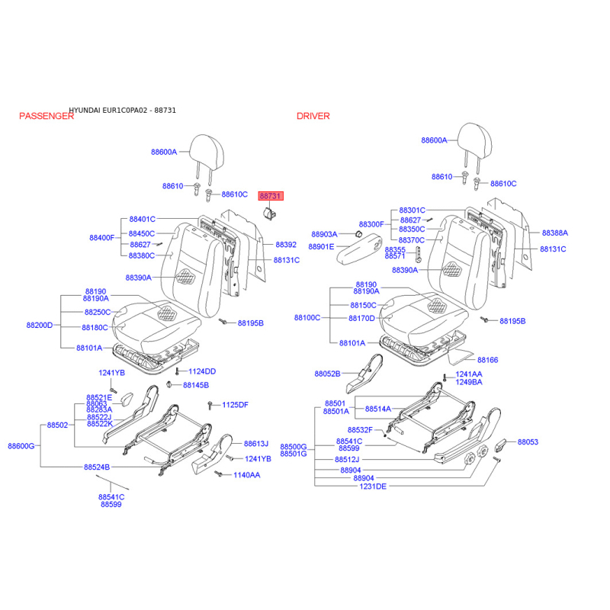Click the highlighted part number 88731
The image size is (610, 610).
(271, 196)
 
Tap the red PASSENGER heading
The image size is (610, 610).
(47, 116)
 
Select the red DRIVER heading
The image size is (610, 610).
(313, 116)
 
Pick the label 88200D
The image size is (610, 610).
(40, 326)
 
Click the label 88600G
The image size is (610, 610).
(21, 446)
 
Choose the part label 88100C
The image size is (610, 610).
(307, 318)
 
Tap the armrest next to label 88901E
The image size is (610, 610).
(360, 249)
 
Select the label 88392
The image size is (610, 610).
(286, 245)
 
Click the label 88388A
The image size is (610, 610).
(555, 233)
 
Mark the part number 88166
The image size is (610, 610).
(487, 360)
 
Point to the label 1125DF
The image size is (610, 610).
(235, 405)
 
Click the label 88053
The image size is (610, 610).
(528, 442)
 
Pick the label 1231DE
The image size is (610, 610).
(373, 486)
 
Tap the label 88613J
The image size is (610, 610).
(256, 444)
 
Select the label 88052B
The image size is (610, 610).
(328, 374)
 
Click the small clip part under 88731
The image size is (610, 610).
(270, 213)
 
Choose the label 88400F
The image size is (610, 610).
(102, 238)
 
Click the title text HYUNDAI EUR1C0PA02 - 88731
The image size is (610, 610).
(123, 111)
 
